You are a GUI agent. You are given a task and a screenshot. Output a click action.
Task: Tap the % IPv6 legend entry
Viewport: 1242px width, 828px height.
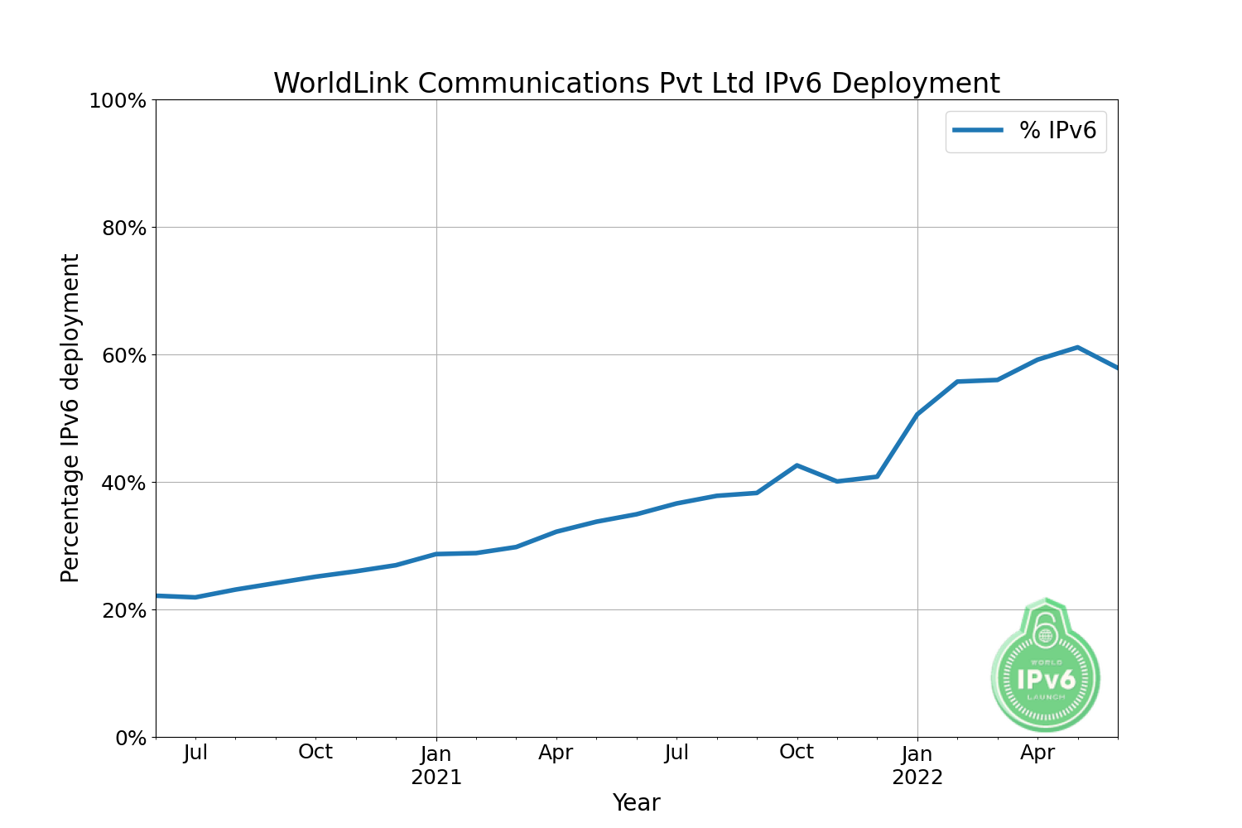pos(1026,131)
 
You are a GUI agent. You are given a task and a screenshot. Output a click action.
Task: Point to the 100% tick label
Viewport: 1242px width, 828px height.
pos(118,101)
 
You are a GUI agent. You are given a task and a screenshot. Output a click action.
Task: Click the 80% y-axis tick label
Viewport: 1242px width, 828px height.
pos(124,228)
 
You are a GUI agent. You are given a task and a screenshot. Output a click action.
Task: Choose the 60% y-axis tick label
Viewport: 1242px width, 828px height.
pos(124,355)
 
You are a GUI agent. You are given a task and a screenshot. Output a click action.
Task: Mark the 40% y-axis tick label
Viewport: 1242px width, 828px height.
pos(124,483)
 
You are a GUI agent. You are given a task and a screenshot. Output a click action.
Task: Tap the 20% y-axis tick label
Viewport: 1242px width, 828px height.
pos(124,610)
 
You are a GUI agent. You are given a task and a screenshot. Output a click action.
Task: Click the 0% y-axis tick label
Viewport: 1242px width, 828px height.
pos(131,738)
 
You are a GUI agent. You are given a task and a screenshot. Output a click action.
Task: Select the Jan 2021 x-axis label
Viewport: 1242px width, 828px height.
pos(436,766)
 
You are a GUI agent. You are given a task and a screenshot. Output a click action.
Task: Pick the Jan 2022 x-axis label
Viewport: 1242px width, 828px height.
pos(917,766)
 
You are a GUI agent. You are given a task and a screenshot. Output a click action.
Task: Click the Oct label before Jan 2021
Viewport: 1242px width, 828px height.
pos(315,752)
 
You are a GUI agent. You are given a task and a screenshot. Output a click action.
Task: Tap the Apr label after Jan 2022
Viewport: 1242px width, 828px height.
pos(1037,753)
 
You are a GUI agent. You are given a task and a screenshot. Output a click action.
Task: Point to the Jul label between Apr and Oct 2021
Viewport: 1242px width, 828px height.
pos(676,753)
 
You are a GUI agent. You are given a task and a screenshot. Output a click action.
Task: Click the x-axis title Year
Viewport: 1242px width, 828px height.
pos(636,802)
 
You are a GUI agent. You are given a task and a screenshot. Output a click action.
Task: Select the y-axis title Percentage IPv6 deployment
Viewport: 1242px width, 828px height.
pos(70,418)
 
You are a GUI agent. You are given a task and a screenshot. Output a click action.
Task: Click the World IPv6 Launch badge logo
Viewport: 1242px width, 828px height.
pos(1046,667)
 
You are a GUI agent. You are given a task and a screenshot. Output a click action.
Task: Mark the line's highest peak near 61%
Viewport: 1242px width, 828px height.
pos(1077,347)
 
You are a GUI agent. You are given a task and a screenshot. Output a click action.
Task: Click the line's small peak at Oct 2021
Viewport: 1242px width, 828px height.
pos(797,465)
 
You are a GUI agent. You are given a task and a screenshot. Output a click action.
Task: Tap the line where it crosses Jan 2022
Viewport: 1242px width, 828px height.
pos(917,414)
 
